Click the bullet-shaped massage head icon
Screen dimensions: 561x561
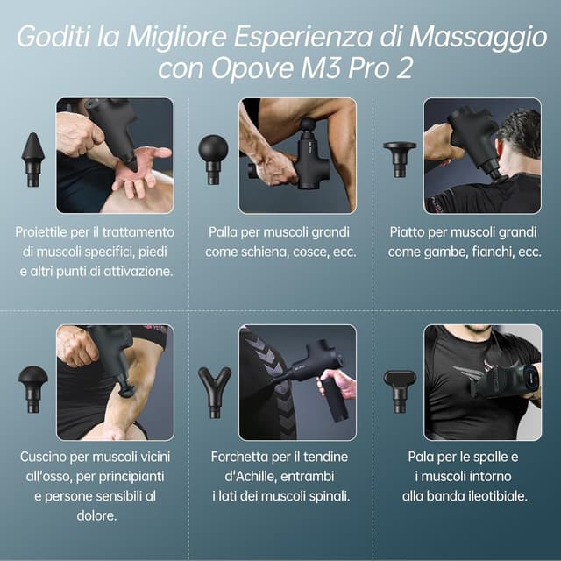[x=32, y=160]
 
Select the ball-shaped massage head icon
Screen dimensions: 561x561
[x=212, y=157]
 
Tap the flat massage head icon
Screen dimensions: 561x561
[x=400, y=157]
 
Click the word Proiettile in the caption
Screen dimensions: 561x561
[x=46, y=232]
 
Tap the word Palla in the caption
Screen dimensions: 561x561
[x=224, y=232]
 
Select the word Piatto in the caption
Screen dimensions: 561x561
[x=409, y=232]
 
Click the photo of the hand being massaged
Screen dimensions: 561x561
[x=115, y=155]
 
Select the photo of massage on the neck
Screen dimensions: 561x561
[x=482, y=155]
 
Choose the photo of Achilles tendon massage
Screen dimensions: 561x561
[x=298, y=382]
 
